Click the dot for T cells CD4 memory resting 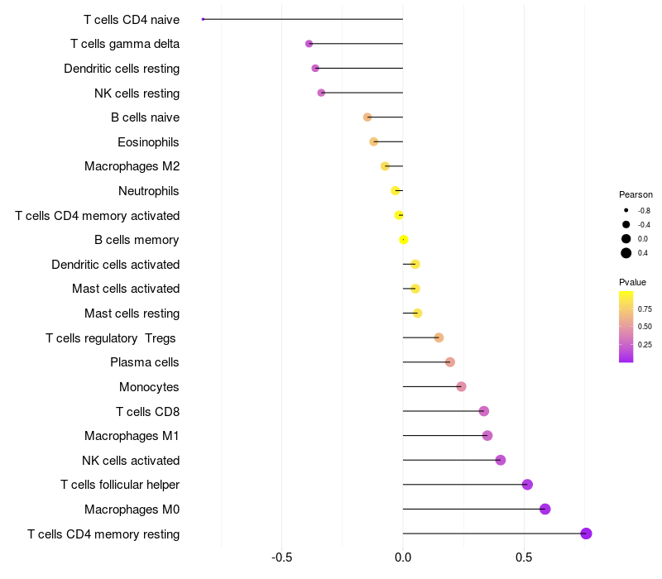(x=587, y=534)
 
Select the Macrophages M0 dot (x=544, y=509)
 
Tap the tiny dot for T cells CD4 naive (x=203, y=19)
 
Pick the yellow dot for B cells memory (x=403, y=240)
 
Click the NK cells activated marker (x=500, y=460)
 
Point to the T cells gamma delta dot (x=309, y=44)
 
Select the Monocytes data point (x=461, y=387)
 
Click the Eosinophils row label (x=148, y=142)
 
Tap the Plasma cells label (x=144, y=362)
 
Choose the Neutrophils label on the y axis (x=149, y=191)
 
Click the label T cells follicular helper (x=120, y=485)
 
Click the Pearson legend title (x=636, y=194)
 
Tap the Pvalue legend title (x=632, y=282)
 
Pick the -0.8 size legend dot (x=626, y=211)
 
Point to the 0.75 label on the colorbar (x=645, y=309)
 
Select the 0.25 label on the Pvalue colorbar (x=645, y=344)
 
